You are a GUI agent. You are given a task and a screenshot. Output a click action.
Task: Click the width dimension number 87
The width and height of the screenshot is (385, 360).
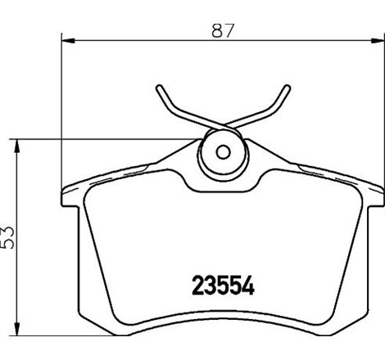(x=223, y=30)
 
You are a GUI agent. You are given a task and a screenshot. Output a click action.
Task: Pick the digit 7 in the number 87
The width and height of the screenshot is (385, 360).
(x=231, y=30)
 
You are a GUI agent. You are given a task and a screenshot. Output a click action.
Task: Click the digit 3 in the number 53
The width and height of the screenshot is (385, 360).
(x=10, y=229)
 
